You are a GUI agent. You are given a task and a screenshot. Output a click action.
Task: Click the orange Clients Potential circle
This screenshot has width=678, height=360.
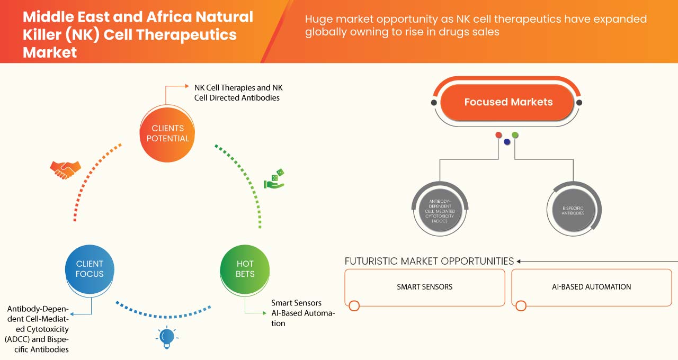coord(167,133)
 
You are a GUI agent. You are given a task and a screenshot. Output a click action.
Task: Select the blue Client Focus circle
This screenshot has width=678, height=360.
coord(90,269)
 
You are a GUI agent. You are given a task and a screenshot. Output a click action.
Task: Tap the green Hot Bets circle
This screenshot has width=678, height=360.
coord(245,269)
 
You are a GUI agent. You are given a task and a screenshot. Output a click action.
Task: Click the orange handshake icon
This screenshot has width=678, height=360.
coord(65,169)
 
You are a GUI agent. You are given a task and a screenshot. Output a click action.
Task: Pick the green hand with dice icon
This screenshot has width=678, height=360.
coord(274,179)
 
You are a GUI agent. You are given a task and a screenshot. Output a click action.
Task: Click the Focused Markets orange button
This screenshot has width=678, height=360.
coord(508,102)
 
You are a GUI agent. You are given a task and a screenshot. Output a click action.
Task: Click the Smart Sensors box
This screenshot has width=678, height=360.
coord(424,287)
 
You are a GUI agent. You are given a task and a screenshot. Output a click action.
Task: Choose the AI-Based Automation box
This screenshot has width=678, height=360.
coord(591,287)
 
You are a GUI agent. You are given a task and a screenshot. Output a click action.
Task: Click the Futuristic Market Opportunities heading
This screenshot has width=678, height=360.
coord(429,261)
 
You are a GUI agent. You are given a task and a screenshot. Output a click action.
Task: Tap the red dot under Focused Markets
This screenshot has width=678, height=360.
coord(498,135)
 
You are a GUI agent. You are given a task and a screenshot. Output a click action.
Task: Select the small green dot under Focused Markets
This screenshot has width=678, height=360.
coord(515,135)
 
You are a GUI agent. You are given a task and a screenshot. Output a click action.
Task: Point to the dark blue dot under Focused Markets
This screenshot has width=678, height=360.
coord(507,141)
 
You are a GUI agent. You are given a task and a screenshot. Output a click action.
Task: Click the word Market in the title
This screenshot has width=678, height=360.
coord(50,52)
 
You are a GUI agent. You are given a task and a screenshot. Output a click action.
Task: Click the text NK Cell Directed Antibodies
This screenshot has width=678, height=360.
coord(237,97)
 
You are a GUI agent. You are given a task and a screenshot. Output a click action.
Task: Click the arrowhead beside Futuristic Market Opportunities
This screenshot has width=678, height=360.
coord(519,261)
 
